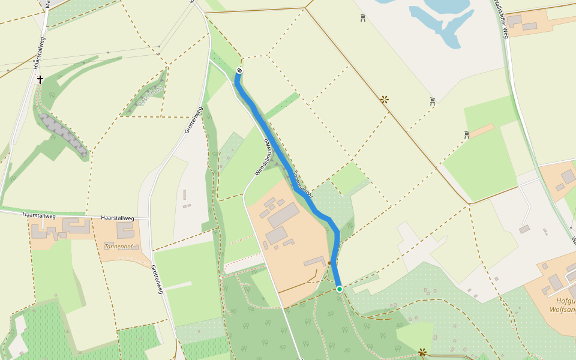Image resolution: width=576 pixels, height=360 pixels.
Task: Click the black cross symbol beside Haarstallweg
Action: (40, 79)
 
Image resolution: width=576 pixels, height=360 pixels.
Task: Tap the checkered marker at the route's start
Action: (239, 71)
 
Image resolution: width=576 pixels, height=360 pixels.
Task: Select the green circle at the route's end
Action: (340, 289)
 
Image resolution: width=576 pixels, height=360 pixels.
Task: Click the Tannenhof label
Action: (118, 247)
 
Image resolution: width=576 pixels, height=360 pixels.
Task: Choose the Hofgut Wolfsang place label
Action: (562, 305)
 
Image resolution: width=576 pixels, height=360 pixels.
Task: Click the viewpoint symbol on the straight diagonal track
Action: (384, 99)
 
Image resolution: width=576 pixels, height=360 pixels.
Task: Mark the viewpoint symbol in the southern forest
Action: (422, 352)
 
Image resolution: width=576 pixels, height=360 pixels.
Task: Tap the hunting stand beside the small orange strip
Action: (467, 135)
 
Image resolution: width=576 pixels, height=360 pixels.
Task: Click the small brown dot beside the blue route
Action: (329, 263)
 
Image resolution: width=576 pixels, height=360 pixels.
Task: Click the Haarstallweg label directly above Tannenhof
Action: (118, 217)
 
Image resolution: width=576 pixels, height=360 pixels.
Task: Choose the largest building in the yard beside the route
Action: (283, 215)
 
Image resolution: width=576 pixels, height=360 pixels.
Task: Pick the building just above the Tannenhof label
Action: (125, 230)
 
